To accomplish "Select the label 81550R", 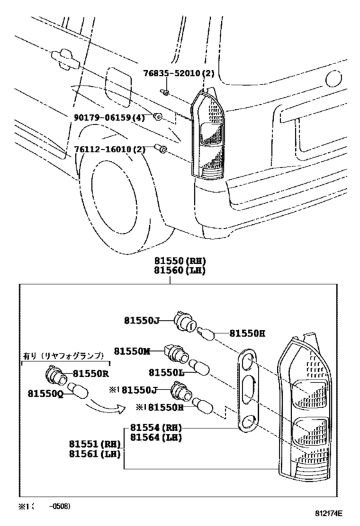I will (90, 373).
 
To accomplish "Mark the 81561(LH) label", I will (94, 453).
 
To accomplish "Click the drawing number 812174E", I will (328, 514).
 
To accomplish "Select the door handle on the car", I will (65, 58).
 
